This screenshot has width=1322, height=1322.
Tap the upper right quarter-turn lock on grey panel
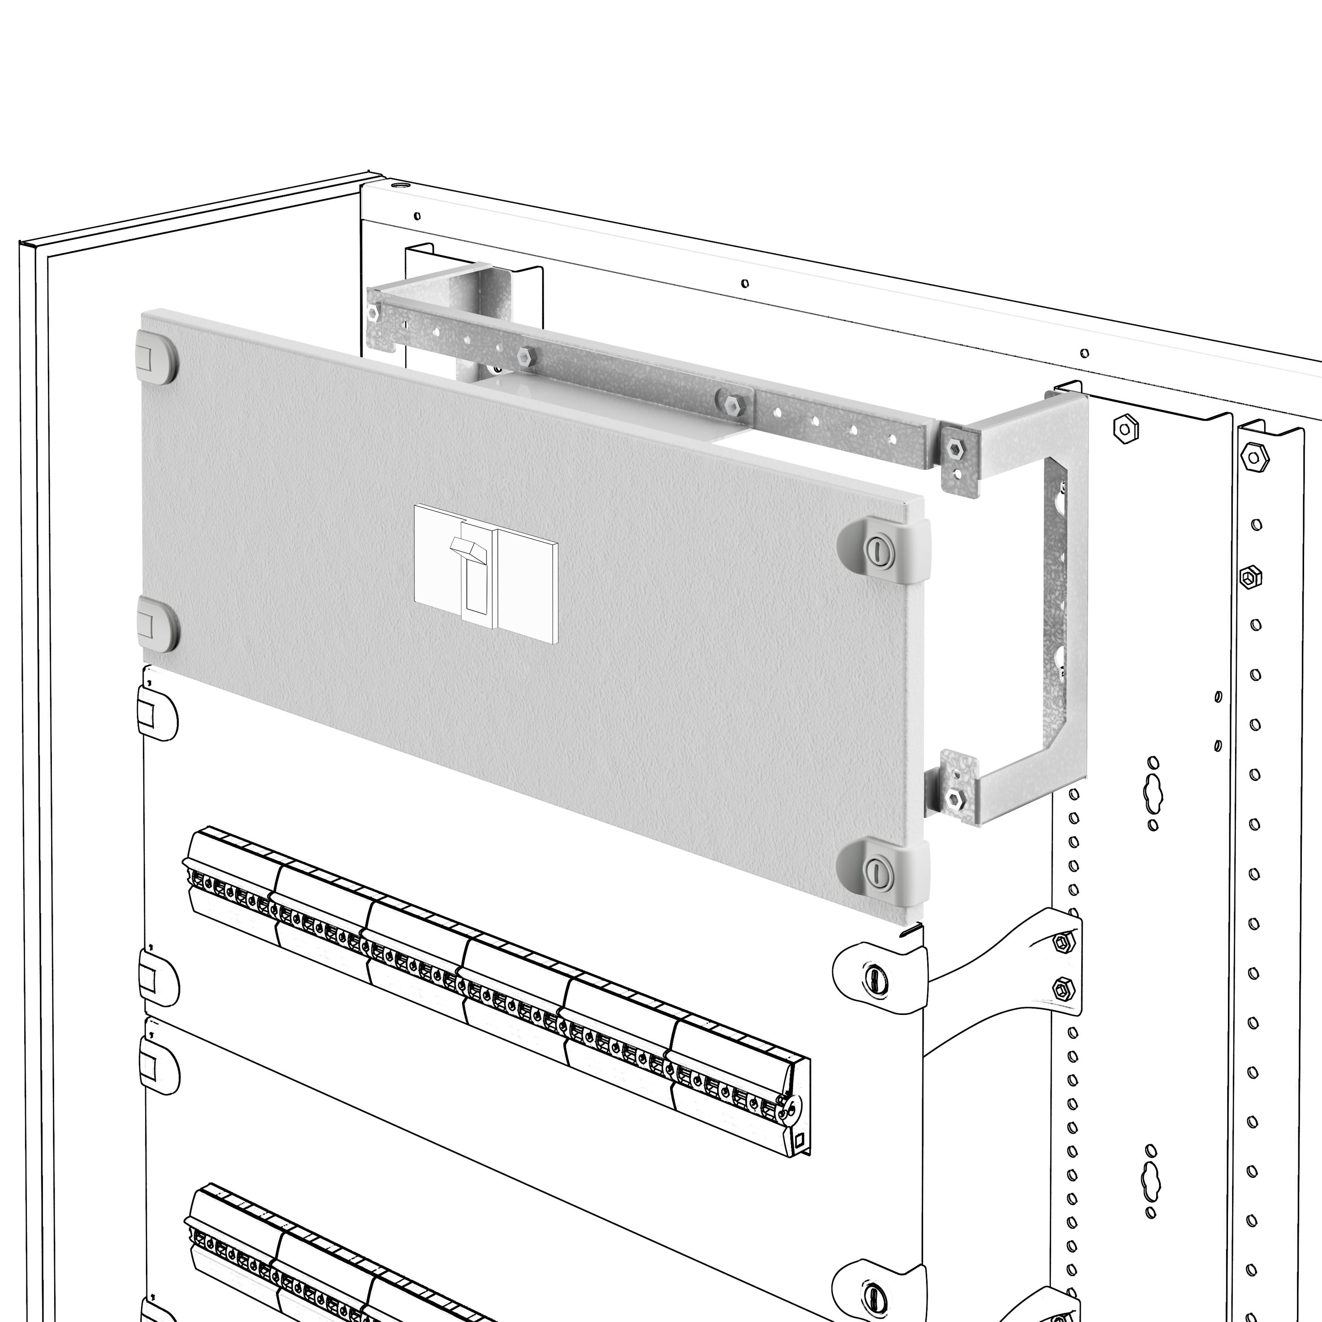pos(879,549)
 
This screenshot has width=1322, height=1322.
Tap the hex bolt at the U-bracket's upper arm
pos(954,449)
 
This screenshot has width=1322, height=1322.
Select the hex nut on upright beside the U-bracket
pos(1125,429)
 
